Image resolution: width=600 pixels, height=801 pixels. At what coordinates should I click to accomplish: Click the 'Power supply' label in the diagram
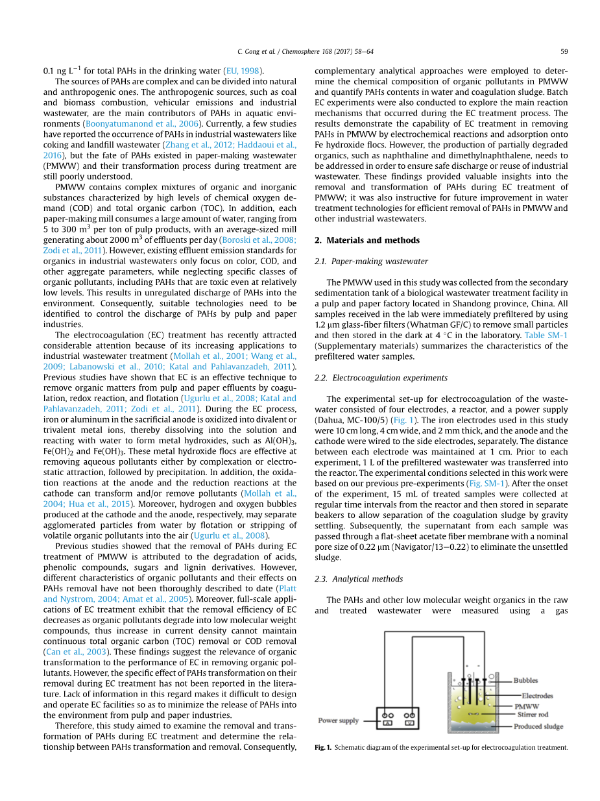pos(338,721)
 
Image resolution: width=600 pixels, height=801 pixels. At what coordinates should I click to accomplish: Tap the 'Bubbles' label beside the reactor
pos(525,680)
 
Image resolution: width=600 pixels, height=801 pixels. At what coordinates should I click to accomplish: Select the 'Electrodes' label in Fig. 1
pos(537,696)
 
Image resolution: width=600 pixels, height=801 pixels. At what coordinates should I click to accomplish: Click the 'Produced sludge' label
pos(538,726)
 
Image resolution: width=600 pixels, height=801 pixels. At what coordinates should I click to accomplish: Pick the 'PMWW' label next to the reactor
pos(527,706)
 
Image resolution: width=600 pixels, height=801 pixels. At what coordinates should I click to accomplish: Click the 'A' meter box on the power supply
pos(387,722)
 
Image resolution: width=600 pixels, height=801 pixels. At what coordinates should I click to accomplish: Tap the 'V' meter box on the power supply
pos(409,722)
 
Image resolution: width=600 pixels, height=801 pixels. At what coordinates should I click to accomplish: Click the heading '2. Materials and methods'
pos(366,240)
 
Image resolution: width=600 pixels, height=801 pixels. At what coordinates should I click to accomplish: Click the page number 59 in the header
pos(564,51)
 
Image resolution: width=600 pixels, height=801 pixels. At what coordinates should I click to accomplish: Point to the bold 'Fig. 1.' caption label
pos(323,747)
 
